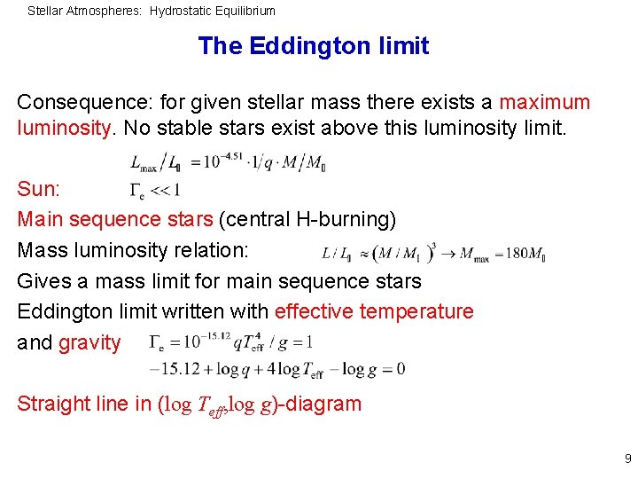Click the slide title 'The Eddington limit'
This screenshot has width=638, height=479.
point(314,46)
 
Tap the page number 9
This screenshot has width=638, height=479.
point(627,459)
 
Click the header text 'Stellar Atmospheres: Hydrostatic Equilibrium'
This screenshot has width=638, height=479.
point(152,11)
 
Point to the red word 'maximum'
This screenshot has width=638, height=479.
point(544,103)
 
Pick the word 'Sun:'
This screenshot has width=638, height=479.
point(38,190)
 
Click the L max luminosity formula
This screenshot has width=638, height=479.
point(228,163)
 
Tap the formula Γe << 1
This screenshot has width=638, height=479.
point(155,189)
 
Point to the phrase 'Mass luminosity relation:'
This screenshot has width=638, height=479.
point(133,251)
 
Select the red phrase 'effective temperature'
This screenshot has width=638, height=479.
point(374,312)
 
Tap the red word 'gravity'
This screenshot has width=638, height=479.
point(89,343)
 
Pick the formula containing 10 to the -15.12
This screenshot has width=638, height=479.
point(231,342)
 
